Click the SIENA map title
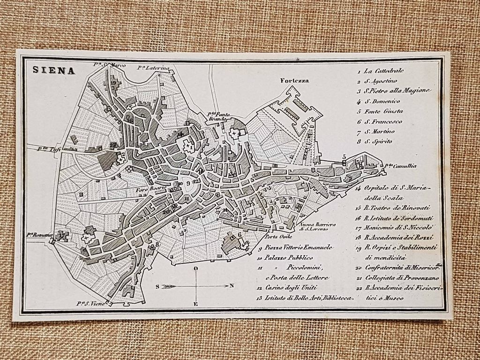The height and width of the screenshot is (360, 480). point(54,70)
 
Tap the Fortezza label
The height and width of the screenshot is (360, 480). point(294,80)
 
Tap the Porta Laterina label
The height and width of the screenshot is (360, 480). point(153,68)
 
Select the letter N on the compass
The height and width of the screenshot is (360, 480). point(232,285)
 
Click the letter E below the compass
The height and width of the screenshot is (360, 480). point(196,304)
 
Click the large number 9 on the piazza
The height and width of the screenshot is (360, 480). point(188,183)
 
